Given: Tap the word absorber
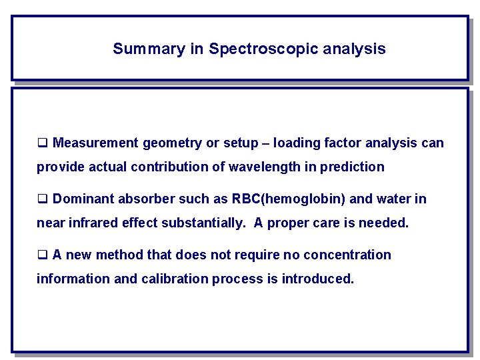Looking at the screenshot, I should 143,199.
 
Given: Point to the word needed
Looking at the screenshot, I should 386,223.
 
